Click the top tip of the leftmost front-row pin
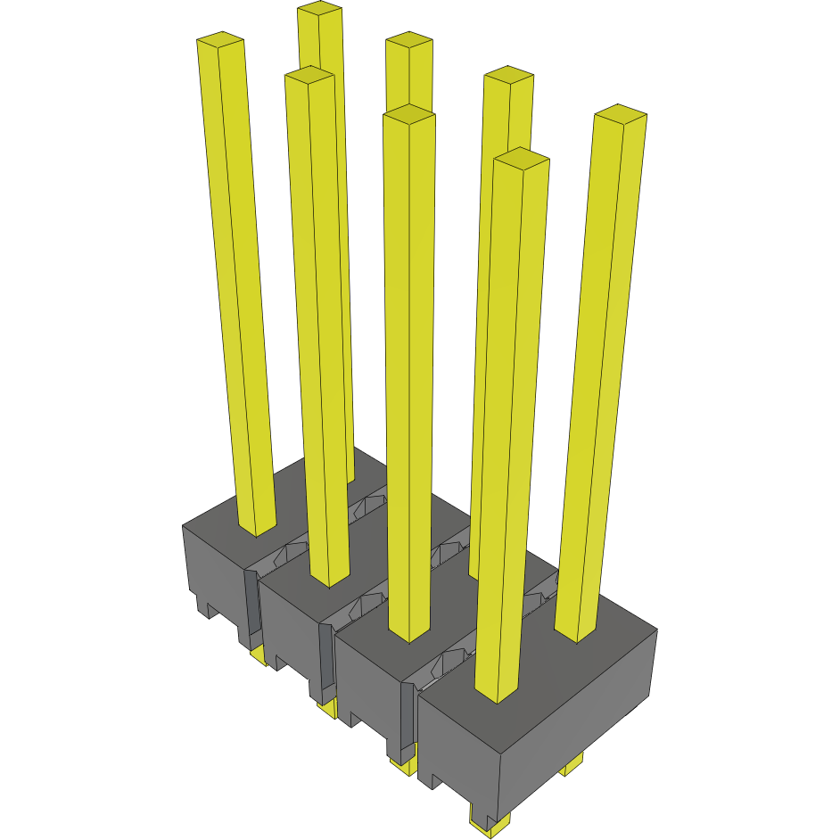click(x=219, y=41)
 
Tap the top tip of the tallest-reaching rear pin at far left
click(x=319, y=9)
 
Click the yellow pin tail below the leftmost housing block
click(x=258, y=657)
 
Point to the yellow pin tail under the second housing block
click(x=327, y=709)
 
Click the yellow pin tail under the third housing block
click(x=402, y=765)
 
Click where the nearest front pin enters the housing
click(x=498, y=696)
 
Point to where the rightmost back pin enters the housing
click(x=576, y=636)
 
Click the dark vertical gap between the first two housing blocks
click(x=251, y=606)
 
